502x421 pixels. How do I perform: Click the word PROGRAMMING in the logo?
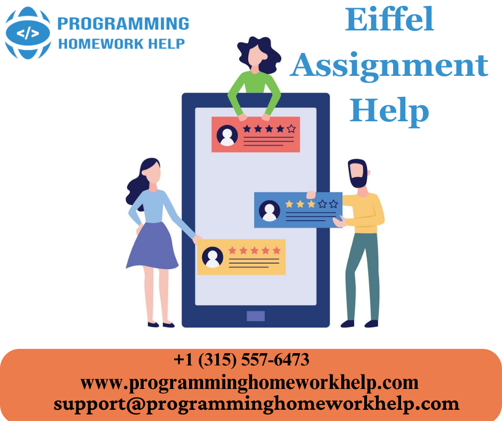(x=123, y=24)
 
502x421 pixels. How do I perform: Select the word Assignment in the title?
(x=389, y=66)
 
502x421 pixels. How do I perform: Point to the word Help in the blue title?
(x=389, y=111)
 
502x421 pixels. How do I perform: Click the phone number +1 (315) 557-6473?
(x=241, y=360)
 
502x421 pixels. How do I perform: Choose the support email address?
(x=256, y=403)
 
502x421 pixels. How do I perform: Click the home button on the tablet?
(x=255, y=316)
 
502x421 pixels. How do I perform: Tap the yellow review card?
(x=241, y=256)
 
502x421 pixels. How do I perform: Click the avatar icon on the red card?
(x=227, y=136)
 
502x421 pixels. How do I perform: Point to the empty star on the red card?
(x=291, y=129)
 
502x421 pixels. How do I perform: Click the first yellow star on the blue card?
(x=289, y=204)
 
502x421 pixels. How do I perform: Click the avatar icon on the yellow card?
(x=213, y=257)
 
